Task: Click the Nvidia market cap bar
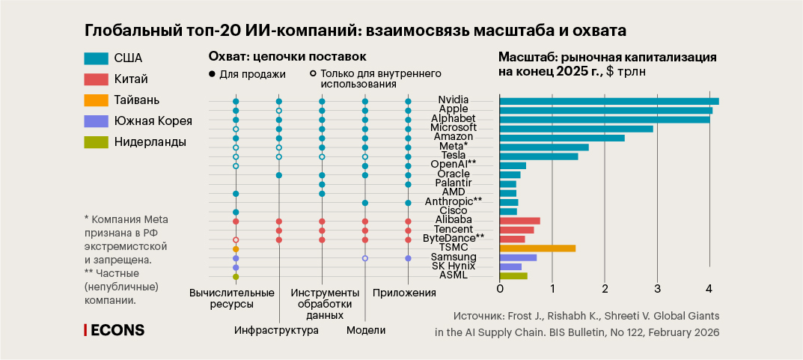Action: click(x=608, y=101)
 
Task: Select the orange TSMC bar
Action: click(x=537, y=248)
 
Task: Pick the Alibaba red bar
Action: click(x=519, y=221)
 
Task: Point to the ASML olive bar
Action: click(x=513, y=275)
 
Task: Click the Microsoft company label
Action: click(x=454, y=128)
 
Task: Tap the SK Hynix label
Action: click(x=454, y=266)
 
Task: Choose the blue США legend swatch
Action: click(x=97, y=58)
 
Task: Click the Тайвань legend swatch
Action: click(x=97, y=100)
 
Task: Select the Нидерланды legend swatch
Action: click(x=97, y=142)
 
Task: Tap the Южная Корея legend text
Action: click(x=153, y=121)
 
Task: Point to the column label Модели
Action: click(x=366, y=331)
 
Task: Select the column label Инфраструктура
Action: click(x=276, y=331)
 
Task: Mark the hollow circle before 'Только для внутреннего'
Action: click(x=312, y=74)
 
